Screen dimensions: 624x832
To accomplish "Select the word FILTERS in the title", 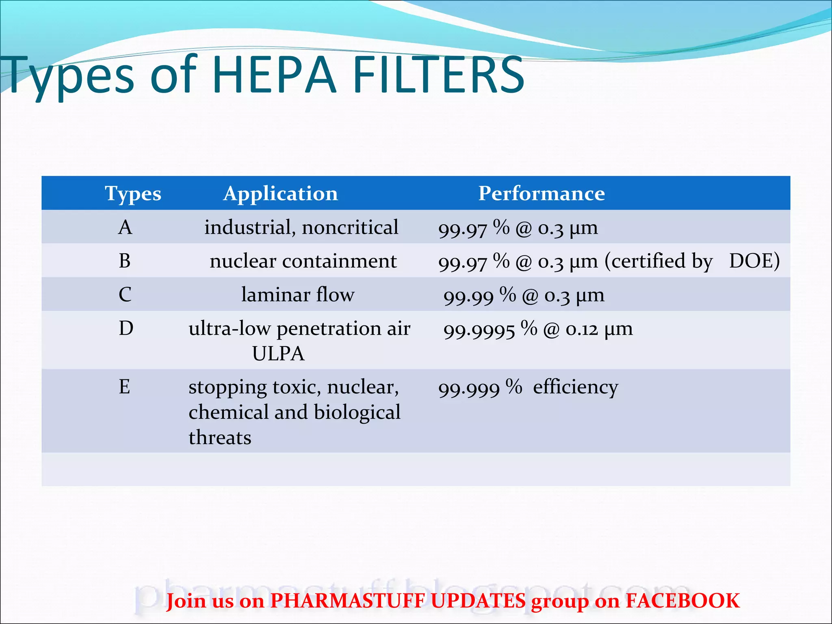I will pyautogui.click(x=439, y=75).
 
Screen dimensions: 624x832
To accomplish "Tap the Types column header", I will pyautogui.click(x=133, y=193).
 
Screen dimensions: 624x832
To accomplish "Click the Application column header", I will pyautogui.click(x=280, y=193).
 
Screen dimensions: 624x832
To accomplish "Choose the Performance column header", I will pyautogui.click(x=541, y=193).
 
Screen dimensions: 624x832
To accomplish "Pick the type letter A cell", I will pyautogui.click(x=125, y=227).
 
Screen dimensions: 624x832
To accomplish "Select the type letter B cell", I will pyautogui.click(x=125, y=261).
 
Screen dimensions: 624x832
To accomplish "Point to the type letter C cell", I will pyautogui.click(x=125, y=295).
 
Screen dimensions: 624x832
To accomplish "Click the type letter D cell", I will pyautogui.click(x=126, y=328).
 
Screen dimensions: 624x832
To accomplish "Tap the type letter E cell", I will pyautogui.click(x=124, y=386).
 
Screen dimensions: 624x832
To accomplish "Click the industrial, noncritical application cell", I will pyautogui.click(x=301, y=227).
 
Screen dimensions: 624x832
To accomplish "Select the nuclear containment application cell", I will pyautogui.click(x=303, y=261).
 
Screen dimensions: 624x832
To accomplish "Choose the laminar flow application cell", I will pyautogui.click(x=298, y=295).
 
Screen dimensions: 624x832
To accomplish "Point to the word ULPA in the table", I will pyautogui.click(x=278, y=353).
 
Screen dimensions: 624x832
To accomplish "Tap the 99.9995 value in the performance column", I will pyautogui.click(x=479, y=330).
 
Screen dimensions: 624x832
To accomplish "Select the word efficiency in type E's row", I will pyautogui.click(x=575, y=387).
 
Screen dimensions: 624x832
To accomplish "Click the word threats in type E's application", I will pyautogui.click(x=220, y=438).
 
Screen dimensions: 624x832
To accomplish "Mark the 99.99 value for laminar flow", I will pyautogui.click(x=468, y=297).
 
